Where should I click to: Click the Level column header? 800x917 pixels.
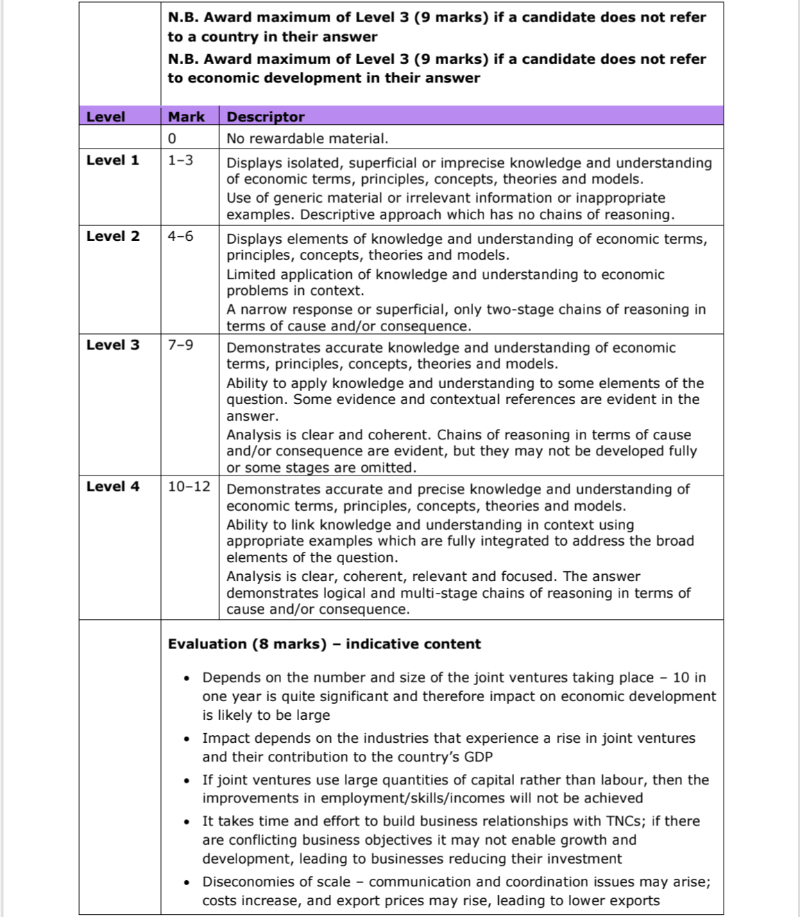pos(105,117)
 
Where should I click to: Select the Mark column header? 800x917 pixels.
pos(186,117)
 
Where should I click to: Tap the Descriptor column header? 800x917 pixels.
pos(266,117)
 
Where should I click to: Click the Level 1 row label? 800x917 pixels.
pos(112,160)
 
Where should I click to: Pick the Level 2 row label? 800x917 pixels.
pos(112,236)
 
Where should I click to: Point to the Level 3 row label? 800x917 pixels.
pos(112,345)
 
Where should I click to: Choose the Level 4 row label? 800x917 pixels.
pos(112,487)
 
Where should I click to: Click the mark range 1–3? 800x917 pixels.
pos(180,160)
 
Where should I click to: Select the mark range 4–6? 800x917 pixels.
pos(180,236)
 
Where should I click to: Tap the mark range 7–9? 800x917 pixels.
pos(180,345)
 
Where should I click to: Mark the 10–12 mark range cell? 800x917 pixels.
pos(189,487)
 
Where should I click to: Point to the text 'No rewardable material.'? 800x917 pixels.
pos(307,138)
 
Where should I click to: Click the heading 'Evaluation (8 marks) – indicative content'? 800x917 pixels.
pos(324,644)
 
